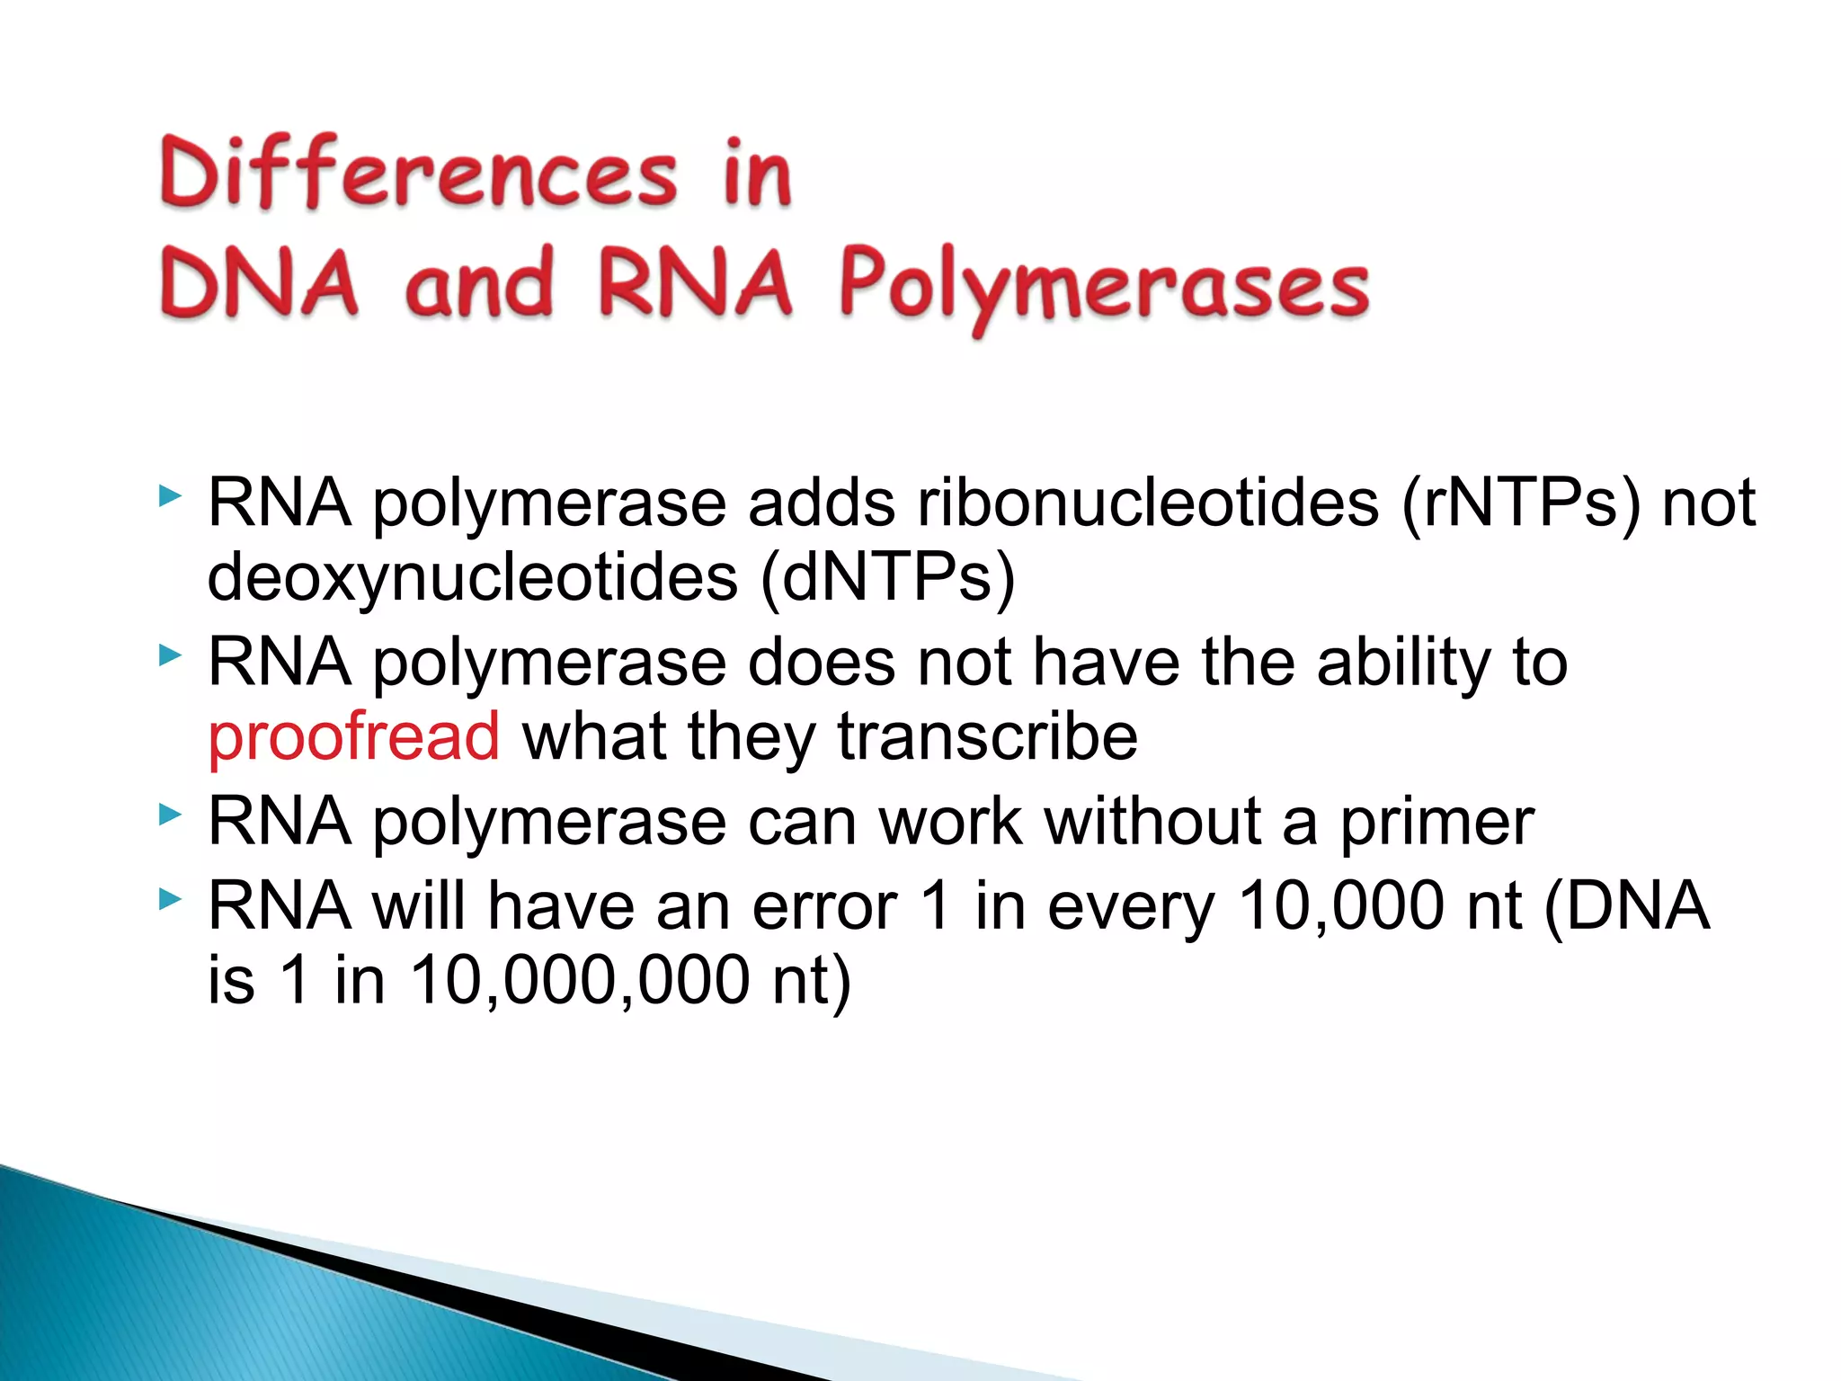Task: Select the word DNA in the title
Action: pos(259,283)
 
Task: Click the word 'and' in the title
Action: pos(478,283)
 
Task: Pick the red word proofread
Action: pos(353,736)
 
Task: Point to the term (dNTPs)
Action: pos(887,577)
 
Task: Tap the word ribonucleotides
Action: pos(1148,503)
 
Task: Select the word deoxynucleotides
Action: pos(473,577)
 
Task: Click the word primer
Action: pos(1436,823)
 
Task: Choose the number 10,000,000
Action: pos(580,979)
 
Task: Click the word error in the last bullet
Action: pos(824,905)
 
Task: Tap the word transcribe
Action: pos(987,736)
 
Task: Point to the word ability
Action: pos(1403,663)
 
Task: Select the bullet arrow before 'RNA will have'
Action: pos(169,898)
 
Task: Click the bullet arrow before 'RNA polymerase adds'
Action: pos(169,495)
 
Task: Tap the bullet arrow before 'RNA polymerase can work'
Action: pos(169,815)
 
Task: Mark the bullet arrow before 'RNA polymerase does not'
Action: pos(169,655)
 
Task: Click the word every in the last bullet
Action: pos(1131,905)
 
